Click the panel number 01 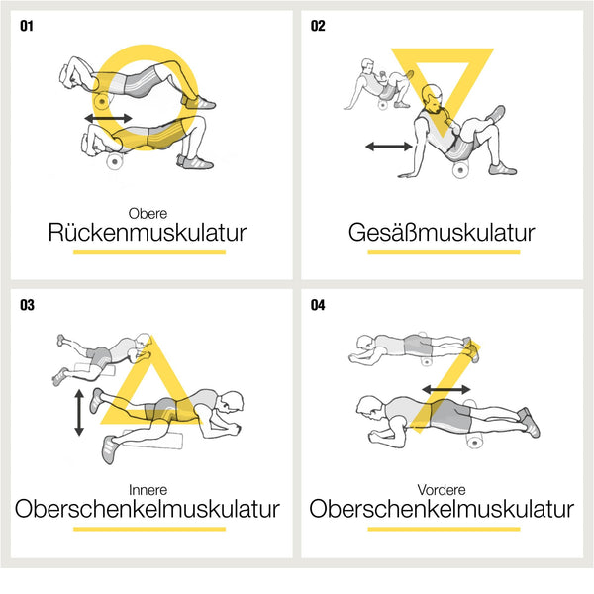coord(26,25)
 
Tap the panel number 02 coord(318,25)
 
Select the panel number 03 coord(27,305)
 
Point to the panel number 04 coord(318,305)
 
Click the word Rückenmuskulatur coord(148,234)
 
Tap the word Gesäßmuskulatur coord(442,234)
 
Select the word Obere coord(148,212)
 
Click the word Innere coord(148,490)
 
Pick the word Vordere coord(442,490)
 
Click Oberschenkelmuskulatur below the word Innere coord(148,510)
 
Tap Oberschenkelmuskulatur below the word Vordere coord(442,510)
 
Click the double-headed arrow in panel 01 coord(107,118)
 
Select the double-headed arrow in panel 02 coord(388,147)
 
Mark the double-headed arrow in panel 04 coord(445,390)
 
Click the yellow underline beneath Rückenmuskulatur coord(148,252)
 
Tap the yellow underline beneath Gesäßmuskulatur coord(442,252)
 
